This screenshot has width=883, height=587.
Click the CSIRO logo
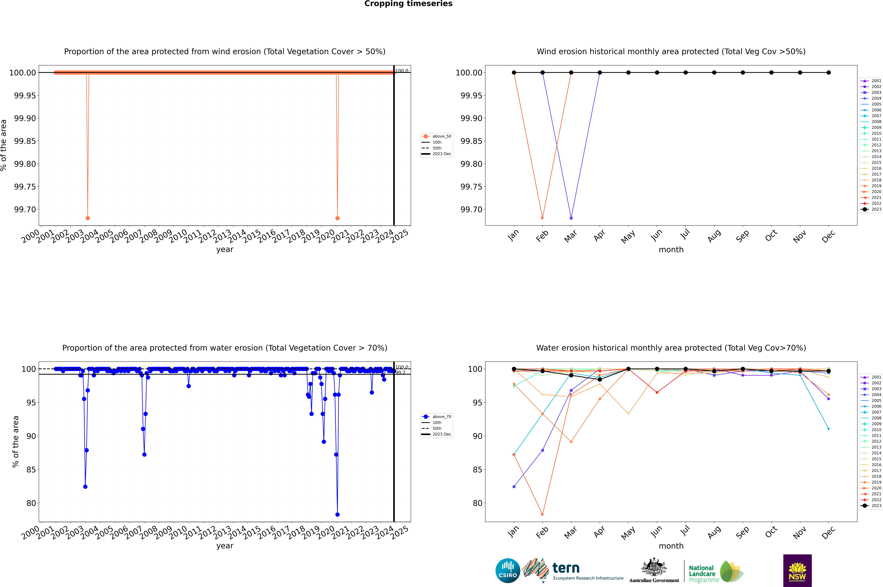508,571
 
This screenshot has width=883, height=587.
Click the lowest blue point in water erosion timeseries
337,514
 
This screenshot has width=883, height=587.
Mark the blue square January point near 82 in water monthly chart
514,487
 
